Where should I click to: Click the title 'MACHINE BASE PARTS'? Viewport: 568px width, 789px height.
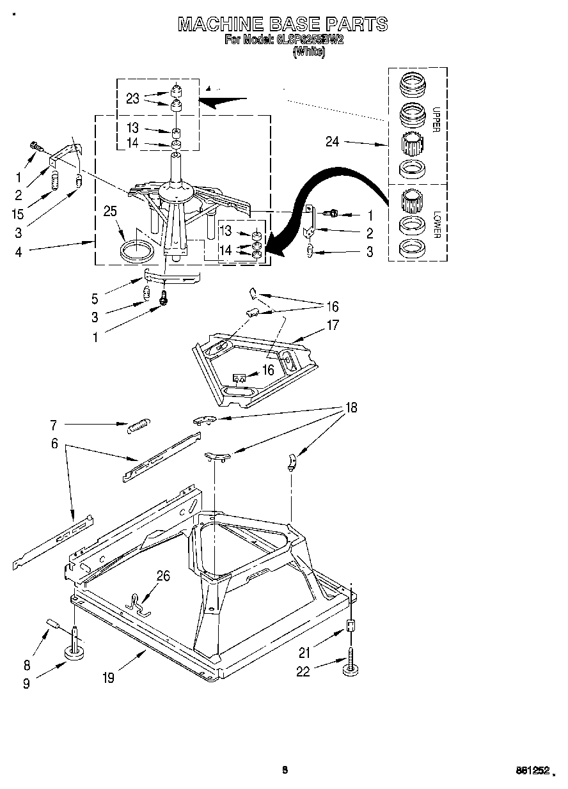283,24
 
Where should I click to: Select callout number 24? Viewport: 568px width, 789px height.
332,142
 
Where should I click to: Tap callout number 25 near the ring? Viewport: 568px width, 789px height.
110,211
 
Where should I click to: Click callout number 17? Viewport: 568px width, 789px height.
333,325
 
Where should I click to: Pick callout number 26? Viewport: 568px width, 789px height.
163,576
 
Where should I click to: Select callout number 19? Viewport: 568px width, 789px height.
108,678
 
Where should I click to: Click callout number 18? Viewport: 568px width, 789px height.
351,407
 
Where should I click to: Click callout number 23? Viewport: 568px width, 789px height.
132,98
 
